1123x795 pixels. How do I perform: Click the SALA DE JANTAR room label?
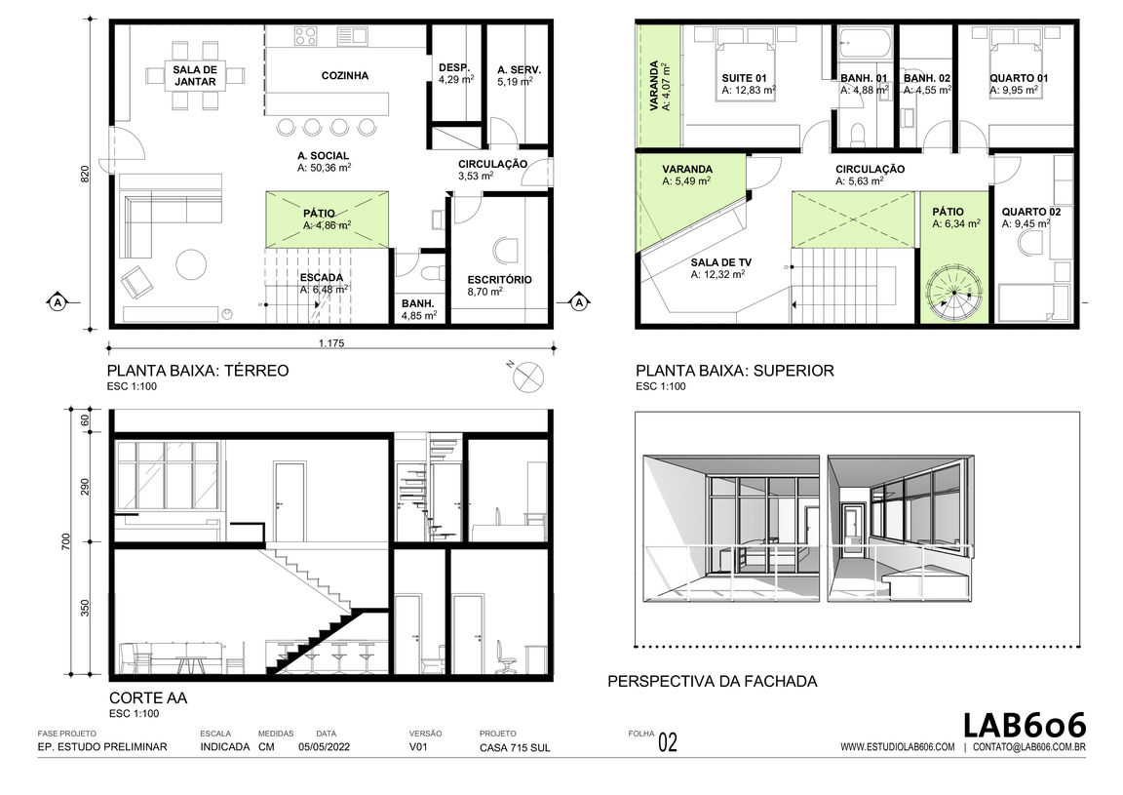(x=195, y=75)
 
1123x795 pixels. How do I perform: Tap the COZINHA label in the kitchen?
(x=344, y=75)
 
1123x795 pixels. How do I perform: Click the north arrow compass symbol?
(x=528, y=378)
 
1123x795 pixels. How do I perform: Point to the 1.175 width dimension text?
(x=330, y=343)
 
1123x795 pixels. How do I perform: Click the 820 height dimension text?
(x=85, y=175)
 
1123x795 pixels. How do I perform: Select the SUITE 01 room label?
(x=744, y=78)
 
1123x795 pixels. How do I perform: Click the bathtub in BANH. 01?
(x=865, y=44)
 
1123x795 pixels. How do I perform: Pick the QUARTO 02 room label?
(x=1030, y=213)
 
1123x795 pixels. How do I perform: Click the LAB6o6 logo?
(x=1024, y=725)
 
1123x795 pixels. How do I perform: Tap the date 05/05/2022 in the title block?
(x=324, y=747)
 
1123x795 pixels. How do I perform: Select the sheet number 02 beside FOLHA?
(x=667, y=742)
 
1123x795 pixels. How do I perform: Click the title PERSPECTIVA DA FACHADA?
(x=712, y=682)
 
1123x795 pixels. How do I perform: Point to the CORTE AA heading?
(x=148, y=698)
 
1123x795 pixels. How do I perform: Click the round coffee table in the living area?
(x=192, y=263)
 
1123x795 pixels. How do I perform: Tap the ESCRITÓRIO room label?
(x=499, y=280)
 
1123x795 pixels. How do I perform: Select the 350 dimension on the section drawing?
(x=85, y=609)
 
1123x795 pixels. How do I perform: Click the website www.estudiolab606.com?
(x=898, y=747)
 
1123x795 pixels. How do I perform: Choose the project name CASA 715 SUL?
(x=515, y=747)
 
